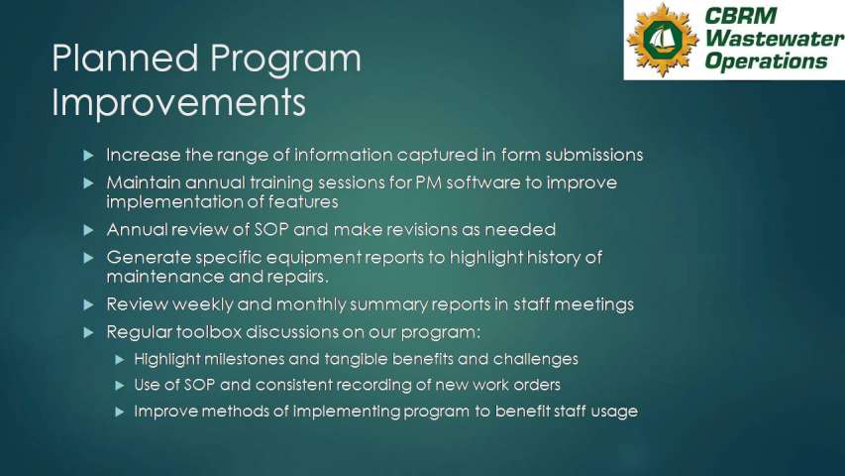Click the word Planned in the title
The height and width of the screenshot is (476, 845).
125,58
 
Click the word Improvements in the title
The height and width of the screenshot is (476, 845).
179,101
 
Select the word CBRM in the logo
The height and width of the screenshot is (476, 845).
740,16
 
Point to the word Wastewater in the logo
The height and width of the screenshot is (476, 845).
774,39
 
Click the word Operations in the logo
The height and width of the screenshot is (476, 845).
766,60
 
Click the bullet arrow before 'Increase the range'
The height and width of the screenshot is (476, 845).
89,156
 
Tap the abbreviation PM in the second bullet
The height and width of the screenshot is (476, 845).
428,182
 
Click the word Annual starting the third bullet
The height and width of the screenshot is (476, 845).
137,229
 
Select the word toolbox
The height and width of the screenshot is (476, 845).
209,331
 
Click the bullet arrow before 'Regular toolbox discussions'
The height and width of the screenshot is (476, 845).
89,332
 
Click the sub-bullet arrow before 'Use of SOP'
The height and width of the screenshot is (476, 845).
120,386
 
